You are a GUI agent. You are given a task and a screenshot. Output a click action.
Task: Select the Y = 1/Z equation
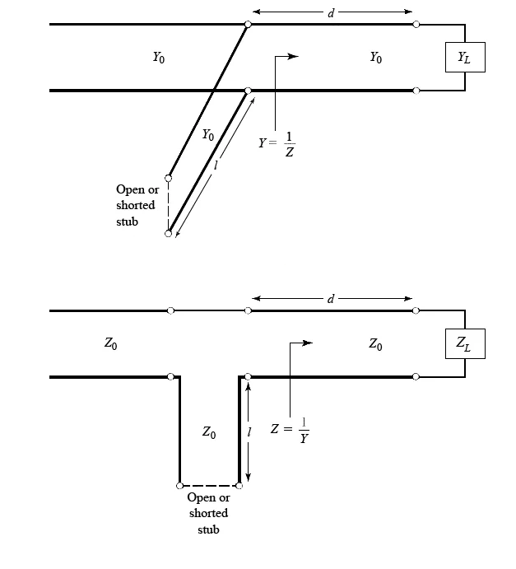[x=277, y=142]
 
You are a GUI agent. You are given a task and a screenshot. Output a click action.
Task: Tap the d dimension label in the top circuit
[x=331, y=12]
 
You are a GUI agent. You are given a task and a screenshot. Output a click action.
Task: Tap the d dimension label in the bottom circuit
[x=331, y=298]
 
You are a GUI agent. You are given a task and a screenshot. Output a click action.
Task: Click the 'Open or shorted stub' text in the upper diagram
[x=136, y=205]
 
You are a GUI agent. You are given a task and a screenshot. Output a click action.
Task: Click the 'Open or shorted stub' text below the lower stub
[x=208, y=513]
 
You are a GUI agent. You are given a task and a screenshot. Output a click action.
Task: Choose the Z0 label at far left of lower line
[x=110, y=344]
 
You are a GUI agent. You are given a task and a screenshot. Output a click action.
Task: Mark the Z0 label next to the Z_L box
[x=375, y=344]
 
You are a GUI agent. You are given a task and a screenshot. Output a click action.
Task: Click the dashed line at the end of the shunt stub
[x=168, y=206]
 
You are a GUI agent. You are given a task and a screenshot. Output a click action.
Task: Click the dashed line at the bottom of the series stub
[x=209, y=485]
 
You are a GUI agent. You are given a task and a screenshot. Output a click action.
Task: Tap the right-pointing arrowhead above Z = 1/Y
[x=307, y=343]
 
